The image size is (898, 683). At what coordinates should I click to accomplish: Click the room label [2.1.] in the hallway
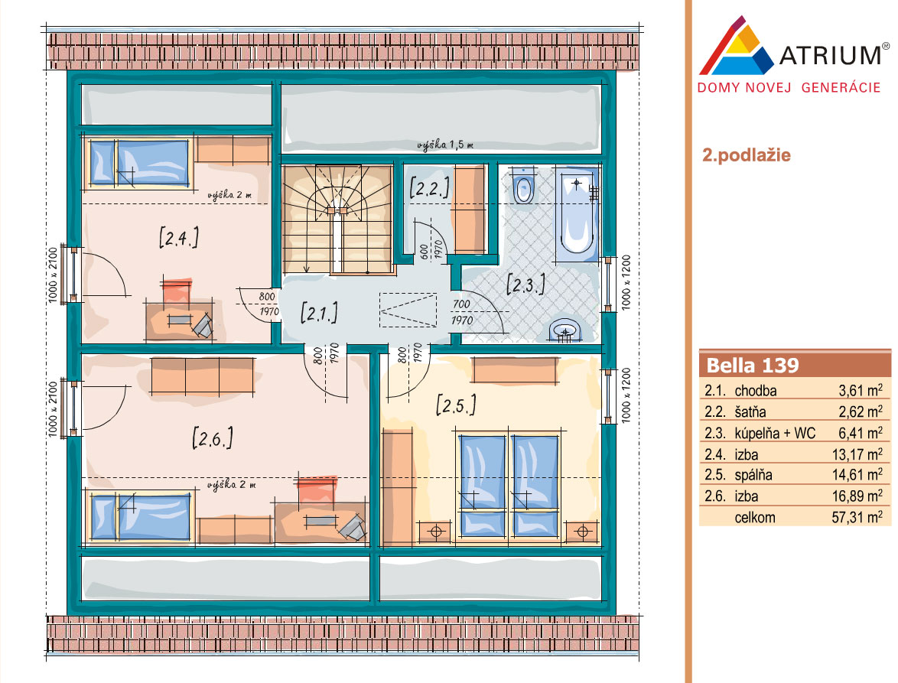coord(319,313)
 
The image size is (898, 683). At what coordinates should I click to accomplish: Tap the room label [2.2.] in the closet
coord(429,188)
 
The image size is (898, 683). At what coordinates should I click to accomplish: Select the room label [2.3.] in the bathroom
coord(525,284)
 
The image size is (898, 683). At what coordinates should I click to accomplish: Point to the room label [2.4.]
coord(179,237)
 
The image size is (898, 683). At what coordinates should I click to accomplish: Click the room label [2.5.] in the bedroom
coord(456,405)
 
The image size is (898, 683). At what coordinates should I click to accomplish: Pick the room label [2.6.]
coord(213,438)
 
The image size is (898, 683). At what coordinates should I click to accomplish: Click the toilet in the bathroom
coord(523,186)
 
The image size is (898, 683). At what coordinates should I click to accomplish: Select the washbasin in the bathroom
coord(565,330)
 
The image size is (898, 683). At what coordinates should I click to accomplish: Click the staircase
coord(337,220)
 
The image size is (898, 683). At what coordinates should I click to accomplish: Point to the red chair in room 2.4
coord(177,291)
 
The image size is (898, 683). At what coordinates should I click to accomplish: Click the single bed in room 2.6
coord(140,517)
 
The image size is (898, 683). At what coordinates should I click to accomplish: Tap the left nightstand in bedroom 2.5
coord(435,532)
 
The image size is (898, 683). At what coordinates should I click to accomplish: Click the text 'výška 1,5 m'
coord(445,145)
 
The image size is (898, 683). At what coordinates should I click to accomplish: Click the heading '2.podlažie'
coord(747,155)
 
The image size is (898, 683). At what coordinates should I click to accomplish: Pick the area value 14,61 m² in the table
coord(857,475)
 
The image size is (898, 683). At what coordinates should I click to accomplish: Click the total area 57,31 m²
coord(857,517)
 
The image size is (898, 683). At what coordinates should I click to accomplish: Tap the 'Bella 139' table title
coord(753,366)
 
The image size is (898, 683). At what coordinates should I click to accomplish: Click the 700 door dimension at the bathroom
coord(461,304)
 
